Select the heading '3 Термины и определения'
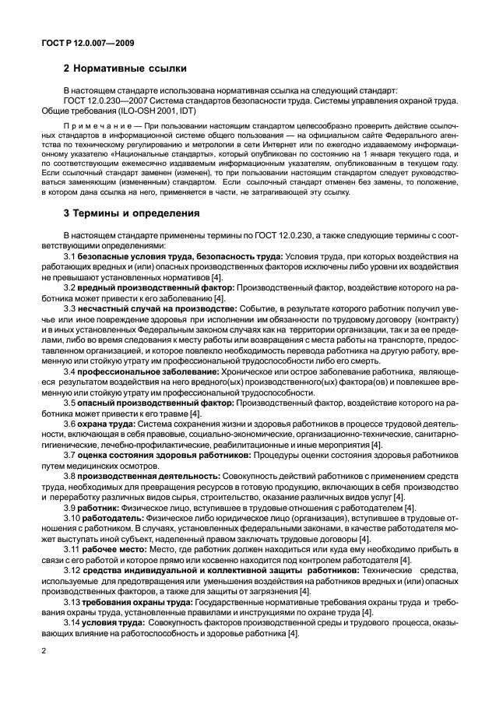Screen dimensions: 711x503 [x=132, y=213]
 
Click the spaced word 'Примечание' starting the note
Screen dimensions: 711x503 [x=94, y=125]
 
